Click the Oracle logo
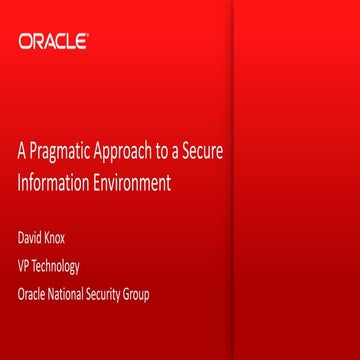pyautogui.click(x=53, y=42)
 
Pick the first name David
pyautogui.click(x=31, y=238)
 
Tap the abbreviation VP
pyautogui.click(x=25, y=266)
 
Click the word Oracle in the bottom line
pyautogui.click(x=33, y=295)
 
